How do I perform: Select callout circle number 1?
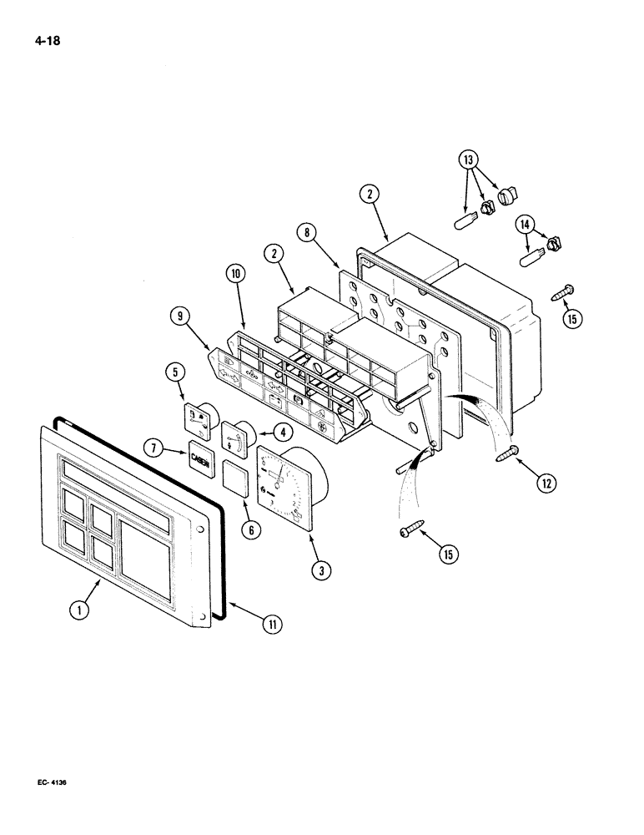[79, 610]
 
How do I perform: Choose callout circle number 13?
[468, 160]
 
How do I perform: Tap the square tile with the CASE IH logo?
[199, 458]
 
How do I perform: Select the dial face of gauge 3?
[284, 486]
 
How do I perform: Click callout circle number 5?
[175, 371]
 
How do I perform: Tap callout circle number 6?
[251, 529]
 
